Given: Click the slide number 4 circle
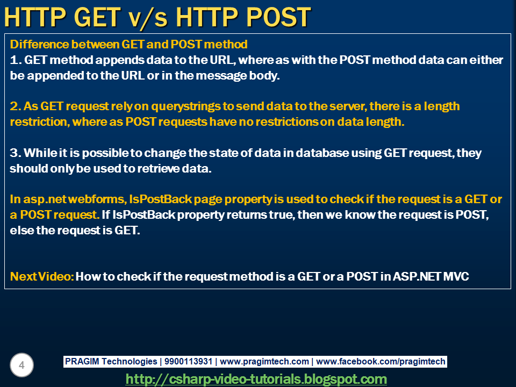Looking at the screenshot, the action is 21,365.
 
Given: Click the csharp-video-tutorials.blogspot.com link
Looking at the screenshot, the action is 256,379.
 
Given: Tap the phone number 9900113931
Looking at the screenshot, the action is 188,361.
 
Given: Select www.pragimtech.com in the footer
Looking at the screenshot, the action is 264,361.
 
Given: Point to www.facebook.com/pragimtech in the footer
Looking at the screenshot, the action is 381,361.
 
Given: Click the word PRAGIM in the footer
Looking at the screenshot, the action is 82,361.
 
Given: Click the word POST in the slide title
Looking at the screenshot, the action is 278,17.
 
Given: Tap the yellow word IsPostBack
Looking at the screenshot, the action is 160,199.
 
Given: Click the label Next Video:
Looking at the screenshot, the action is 42,276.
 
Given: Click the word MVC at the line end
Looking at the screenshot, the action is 456,276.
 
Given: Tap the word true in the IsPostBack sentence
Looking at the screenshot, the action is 282,215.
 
